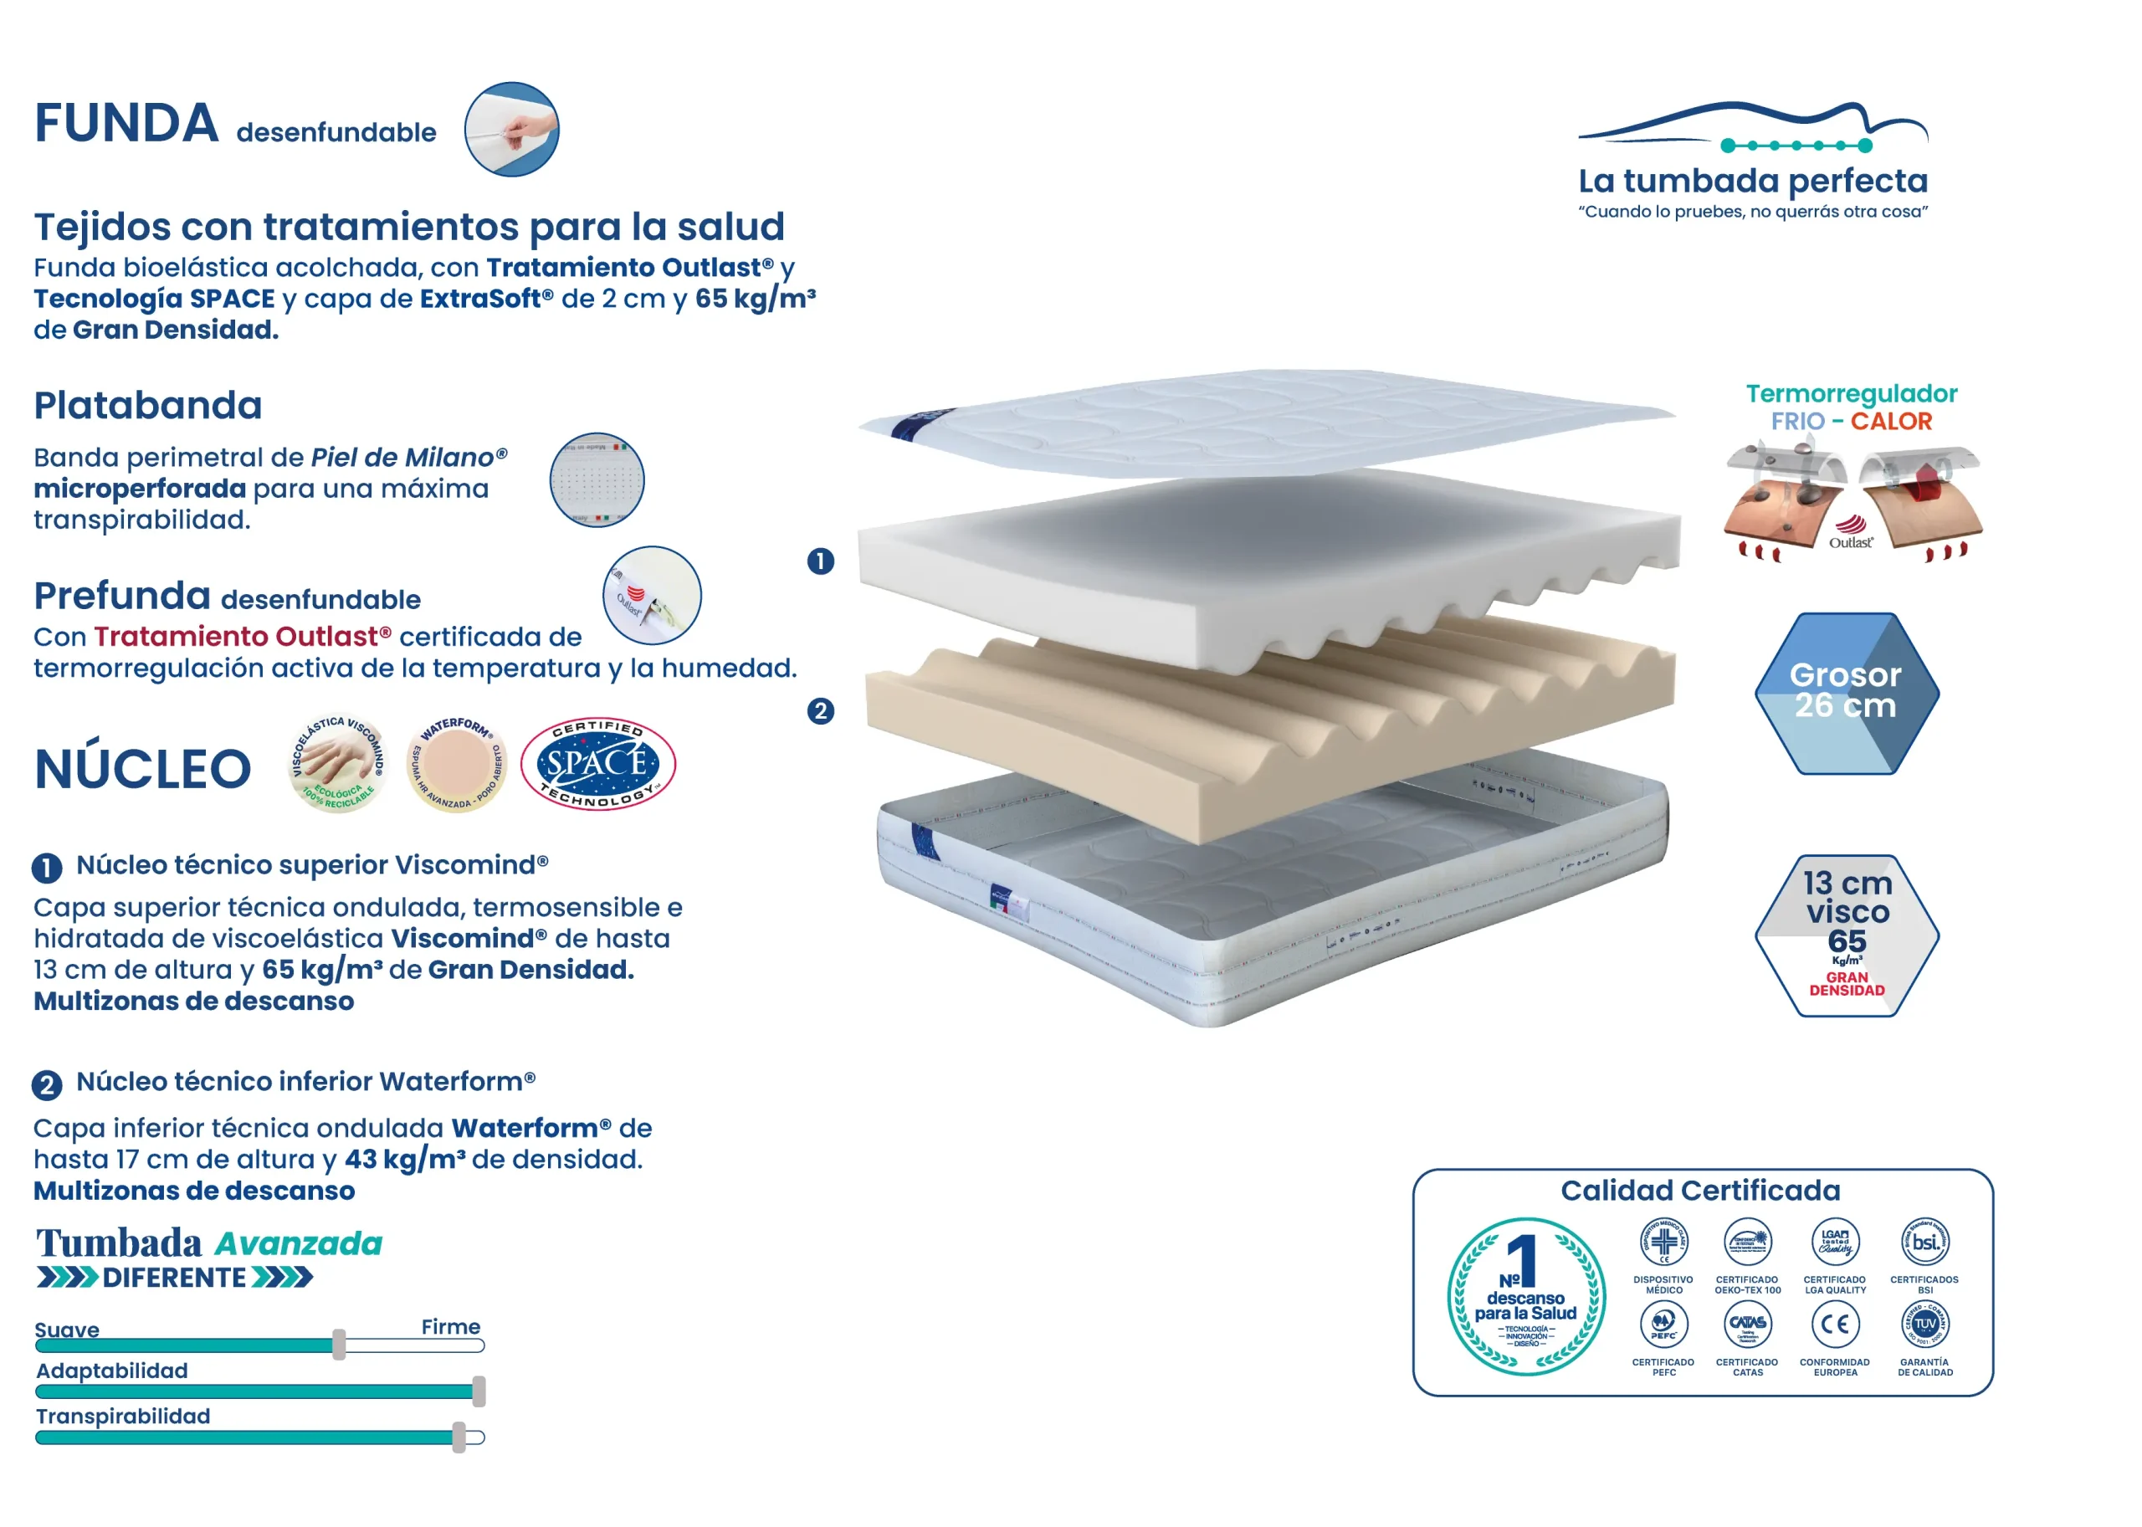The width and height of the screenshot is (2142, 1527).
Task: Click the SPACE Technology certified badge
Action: coord(597,763)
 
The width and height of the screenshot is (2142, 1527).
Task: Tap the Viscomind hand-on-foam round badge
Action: coord(337,763)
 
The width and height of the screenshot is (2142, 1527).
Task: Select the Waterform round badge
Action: coord(456,763)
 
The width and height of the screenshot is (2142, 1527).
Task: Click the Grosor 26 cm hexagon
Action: coord(1846,693)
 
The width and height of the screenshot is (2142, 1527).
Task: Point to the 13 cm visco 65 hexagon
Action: coord(1846,935)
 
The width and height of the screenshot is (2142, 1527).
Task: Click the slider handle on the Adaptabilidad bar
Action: coord(479,1391)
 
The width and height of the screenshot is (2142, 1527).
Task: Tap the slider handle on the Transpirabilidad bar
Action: coord(459,1437)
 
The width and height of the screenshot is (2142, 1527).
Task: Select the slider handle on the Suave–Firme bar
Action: coord(339,1345)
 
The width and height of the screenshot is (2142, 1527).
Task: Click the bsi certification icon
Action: coord(1924,1242)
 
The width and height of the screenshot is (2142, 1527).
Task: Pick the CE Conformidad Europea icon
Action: coord(1835,1324)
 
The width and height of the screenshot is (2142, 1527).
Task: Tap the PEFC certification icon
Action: coord(1663,1324)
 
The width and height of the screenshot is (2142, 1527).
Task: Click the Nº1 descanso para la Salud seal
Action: coord(1525,1297)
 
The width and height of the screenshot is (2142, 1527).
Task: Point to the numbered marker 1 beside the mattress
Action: coord(820,561)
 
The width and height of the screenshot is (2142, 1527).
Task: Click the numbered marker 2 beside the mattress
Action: coord(820,711)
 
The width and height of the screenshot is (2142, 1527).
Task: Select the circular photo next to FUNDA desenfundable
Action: coord(511,130)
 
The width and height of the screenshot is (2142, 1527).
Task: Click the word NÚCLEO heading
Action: coord(143,769)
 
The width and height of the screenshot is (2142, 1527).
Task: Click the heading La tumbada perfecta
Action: coord(1753,181)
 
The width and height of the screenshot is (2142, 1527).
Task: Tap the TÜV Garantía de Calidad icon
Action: coord(1924,1324)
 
